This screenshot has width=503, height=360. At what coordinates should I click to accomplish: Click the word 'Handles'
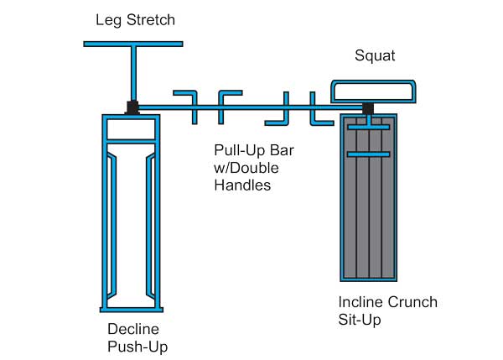(x=243, y=185)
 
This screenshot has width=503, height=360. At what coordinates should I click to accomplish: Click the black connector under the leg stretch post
(x=132, y=107)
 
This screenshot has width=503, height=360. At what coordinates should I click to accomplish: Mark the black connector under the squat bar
(x=367, y=107)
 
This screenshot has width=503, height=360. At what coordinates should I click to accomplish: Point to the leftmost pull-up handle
(x=185, y=100)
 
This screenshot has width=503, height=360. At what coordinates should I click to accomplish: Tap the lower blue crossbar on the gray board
(x=369, y=155)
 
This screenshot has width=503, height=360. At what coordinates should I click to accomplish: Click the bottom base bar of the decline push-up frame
(x=130, y=305)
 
